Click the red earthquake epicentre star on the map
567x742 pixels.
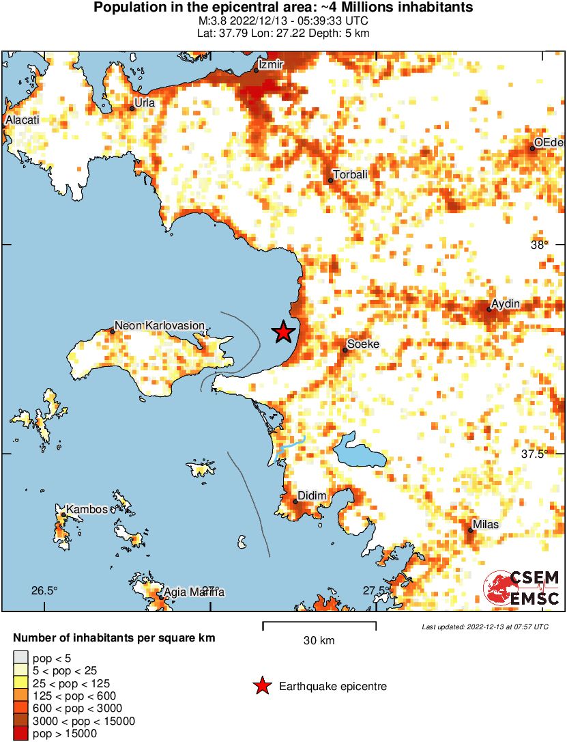click(283, 332)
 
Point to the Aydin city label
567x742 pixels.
click(506, 303)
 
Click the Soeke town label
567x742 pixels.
click(363, 344)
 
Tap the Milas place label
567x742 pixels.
click(487, 525)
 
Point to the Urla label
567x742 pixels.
click(145, 102)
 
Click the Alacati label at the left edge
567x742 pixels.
click(23, 120)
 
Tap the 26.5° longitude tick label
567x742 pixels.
click(44, 590)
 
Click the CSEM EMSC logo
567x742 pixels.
click(522, 588)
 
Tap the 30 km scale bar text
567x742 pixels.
click(319, 641)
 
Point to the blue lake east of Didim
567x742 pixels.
click(359, 452)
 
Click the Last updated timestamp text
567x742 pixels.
click(484, 627)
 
